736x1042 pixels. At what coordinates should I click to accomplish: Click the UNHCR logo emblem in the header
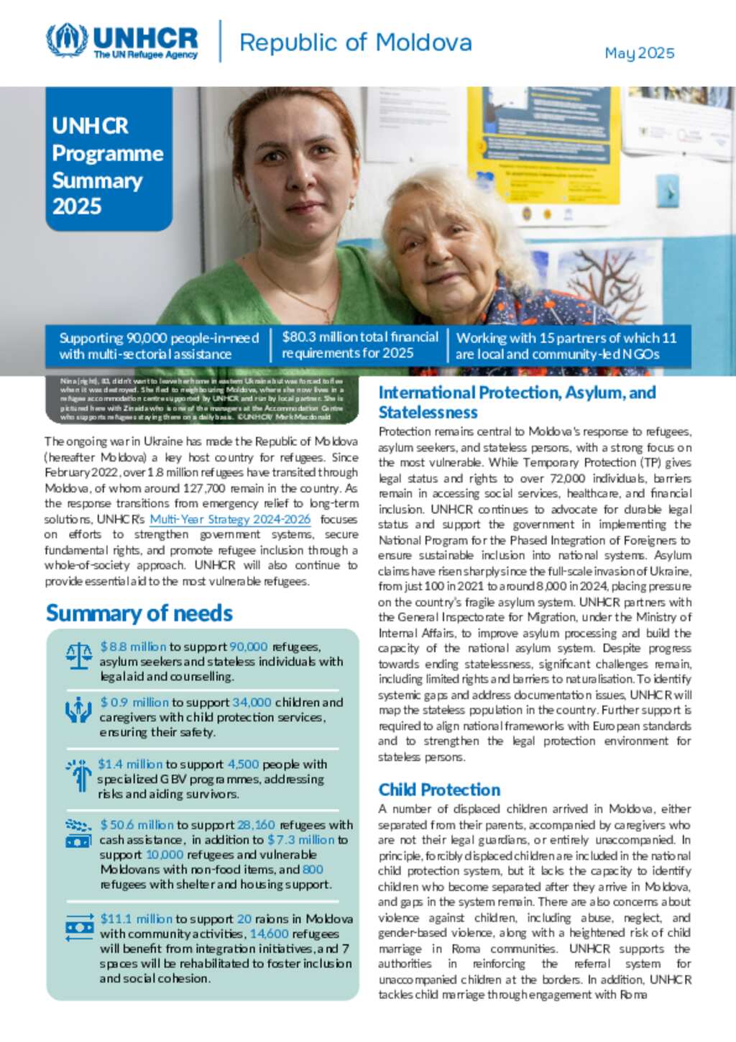(x=67, y=40)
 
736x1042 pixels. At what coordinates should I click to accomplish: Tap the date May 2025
(x=639, y=53)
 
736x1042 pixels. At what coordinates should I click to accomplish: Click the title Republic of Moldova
(x=355, y=42)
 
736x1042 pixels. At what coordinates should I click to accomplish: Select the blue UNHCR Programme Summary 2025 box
(x=109, y=159)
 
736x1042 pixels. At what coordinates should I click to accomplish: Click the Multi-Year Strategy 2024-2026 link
(x=230, y=519)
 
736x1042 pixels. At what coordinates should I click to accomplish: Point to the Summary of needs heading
(x=139, y=613)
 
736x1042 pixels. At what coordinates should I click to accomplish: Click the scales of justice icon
(x=78, y=655)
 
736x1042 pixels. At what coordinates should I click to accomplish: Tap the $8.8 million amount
(x=133, y=646)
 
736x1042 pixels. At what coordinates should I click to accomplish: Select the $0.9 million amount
(x=134, y=702)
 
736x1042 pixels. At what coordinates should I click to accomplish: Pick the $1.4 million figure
(x=130, y=764)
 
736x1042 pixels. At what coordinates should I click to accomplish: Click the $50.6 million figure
(x=137, y=825)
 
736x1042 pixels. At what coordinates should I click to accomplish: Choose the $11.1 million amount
(x=136, y=918)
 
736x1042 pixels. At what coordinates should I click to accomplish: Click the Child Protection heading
(x=439, y=790)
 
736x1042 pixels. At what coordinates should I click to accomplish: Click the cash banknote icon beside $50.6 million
(x=78, y=841)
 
